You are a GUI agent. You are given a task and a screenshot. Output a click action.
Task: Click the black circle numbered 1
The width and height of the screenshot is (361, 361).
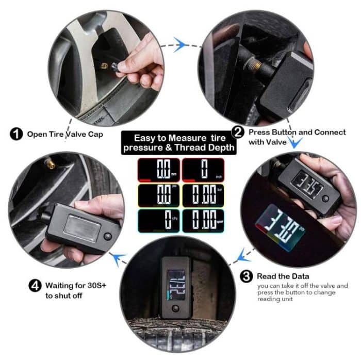16,135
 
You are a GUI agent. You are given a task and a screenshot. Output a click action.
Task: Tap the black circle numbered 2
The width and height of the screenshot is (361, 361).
238,132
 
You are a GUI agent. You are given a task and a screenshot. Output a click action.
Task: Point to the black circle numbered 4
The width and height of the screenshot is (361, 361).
34,285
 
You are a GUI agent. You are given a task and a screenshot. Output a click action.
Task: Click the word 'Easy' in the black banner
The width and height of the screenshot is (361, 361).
146,138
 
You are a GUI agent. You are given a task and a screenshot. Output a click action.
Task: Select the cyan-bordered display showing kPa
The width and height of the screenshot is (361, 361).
158,221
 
